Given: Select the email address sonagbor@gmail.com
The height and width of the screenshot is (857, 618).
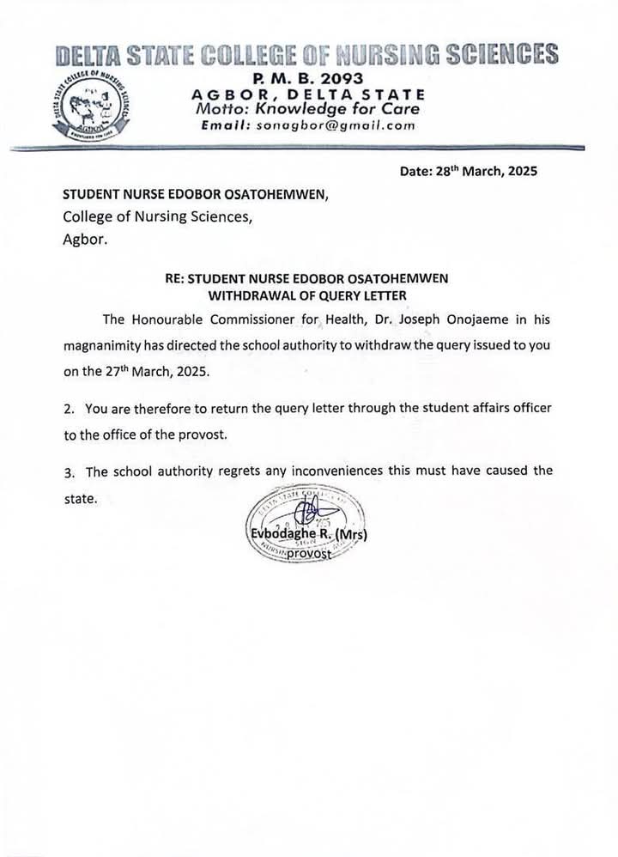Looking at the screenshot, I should [x=336, y=125].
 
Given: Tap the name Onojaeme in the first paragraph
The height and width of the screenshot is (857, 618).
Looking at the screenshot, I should [x=487, y=319].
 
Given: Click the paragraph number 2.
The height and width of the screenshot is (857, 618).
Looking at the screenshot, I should [x=68, y=408].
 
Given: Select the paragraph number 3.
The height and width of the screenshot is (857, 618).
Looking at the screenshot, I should [x=68, y=471].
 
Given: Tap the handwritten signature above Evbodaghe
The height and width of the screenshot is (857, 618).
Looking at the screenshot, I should [x=306, y=514].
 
